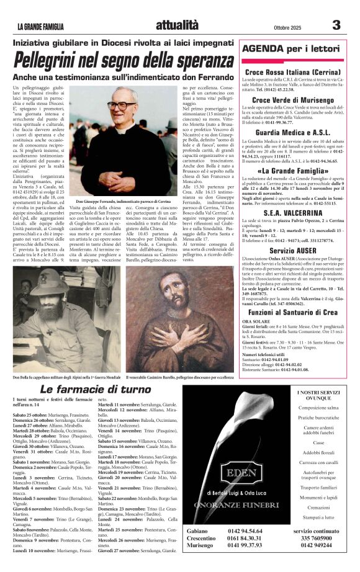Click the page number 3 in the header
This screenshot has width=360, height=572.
tap(336, 25)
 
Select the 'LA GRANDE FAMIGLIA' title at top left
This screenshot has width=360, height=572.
tap(49, 27)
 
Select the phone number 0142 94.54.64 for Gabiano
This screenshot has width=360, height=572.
tap(245, 532)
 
